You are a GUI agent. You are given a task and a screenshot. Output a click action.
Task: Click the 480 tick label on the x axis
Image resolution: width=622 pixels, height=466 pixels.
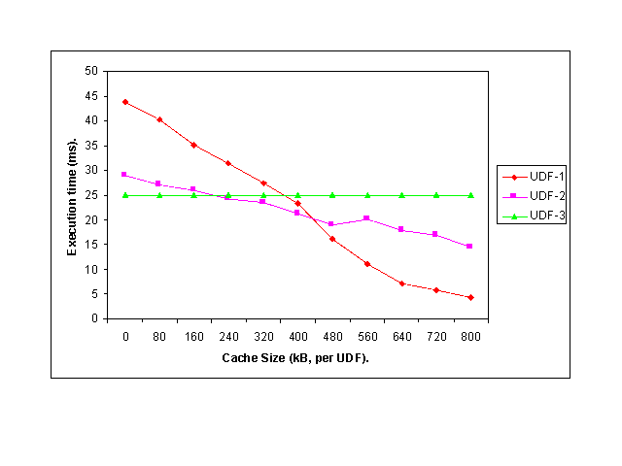tap(332, 337)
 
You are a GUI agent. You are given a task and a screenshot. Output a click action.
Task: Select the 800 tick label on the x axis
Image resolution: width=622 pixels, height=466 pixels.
tap(470, 337)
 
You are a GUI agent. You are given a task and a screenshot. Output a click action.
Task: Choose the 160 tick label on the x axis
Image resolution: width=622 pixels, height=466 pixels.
tap(194, 337)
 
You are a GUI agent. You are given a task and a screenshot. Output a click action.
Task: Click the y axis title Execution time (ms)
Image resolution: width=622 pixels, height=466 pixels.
tap(72, 195)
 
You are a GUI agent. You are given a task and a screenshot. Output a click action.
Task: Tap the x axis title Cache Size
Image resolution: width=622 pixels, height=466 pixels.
tap(297, 358)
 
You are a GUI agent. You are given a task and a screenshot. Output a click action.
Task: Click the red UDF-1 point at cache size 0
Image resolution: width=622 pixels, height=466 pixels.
tap(124, 102)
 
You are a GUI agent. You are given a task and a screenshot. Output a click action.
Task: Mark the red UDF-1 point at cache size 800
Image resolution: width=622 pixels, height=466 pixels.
tap(470, 297)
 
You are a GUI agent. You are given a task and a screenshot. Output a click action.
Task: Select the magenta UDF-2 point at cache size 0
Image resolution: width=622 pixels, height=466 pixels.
tap(124, 175)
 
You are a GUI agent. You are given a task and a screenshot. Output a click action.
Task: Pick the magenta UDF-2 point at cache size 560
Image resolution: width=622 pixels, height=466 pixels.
tap(366, 218)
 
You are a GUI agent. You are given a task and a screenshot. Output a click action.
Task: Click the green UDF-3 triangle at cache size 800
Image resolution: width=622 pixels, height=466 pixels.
tap(470, 195)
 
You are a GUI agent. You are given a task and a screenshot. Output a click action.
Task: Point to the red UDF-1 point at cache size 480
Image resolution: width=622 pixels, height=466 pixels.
tap(332, 239)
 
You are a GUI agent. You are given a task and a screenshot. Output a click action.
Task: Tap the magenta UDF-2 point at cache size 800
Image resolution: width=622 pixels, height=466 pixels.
tap(470, 247)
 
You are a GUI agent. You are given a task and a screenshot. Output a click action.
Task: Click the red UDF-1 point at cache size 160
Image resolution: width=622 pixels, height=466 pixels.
tap(193, 145)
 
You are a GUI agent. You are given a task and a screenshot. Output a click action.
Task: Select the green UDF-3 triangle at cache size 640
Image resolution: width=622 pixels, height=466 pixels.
tap(401, 195)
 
